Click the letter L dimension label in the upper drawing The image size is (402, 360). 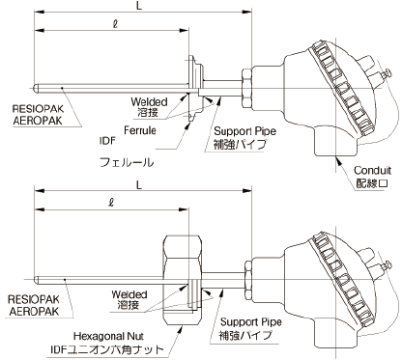point(139,6)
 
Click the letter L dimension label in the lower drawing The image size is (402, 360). point(139,185)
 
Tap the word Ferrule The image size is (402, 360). point(140,130)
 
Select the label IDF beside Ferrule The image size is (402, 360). point(107,141)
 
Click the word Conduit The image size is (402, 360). point(372,170)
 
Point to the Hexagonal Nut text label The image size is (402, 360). point(108,337)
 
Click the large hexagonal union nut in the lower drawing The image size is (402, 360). point(183,280)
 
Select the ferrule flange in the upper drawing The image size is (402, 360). point(195,89)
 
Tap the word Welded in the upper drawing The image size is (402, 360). point(149,102)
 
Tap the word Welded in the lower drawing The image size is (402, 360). point(129,294)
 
